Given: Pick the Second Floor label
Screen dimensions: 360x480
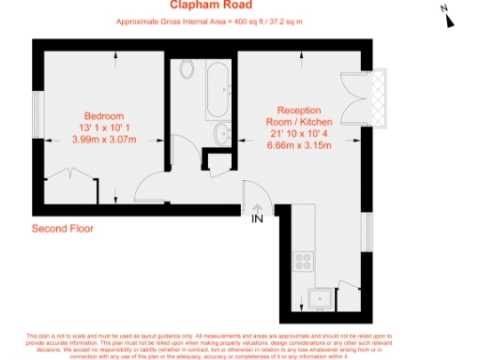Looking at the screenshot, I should (63, 228).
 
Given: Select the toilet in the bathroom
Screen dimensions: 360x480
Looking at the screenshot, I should (186, 70).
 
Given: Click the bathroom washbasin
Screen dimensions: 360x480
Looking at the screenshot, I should (223, 134).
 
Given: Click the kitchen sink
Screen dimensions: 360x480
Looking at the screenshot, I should (321, 298).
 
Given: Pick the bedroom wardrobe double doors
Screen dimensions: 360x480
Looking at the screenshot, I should (70, 173).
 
